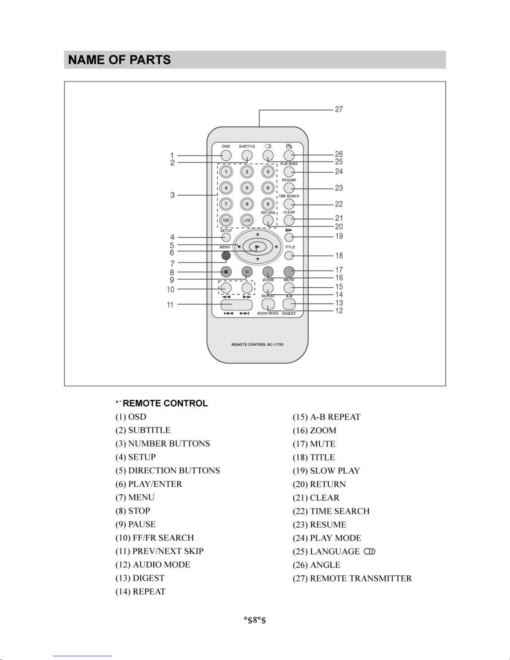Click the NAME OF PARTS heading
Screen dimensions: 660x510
point(119,60)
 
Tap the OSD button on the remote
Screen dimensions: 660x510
point(226,155)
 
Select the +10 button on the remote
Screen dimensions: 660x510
point(247,220)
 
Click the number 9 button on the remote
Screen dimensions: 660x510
point(268,204)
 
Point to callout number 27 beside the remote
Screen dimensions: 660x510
point(339,109)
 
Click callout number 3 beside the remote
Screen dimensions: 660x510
point(172,195)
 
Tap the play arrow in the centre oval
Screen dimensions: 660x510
point(258,247)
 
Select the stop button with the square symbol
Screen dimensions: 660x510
point(226,272)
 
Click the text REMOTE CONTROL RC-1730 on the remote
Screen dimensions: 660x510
point(257,344)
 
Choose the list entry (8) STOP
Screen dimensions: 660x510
point(133,511)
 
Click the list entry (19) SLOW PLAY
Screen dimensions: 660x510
point(326,471)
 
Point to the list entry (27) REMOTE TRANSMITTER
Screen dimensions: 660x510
point(352,578)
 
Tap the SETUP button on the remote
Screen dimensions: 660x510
point(226,237)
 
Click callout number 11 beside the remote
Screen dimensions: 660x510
point(170,305)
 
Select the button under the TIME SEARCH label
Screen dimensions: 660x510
point(289,204)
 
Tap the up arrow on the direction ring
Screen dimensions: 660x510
point(258,234)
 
